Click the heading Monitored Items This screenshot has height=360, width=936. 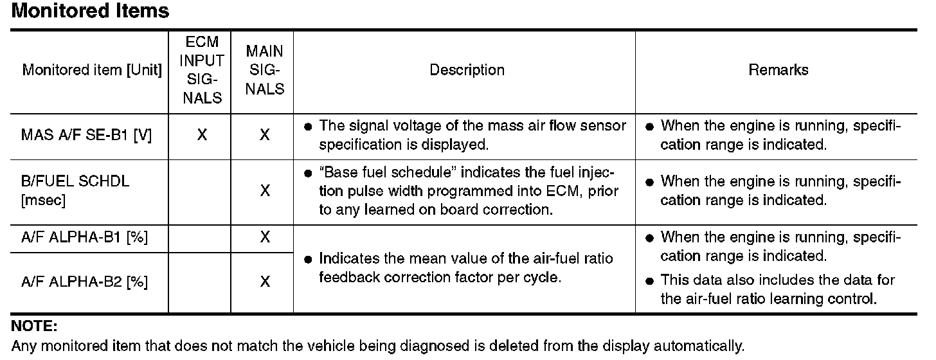click(91, 11)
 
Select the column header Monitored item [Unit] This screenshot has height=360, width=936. click(92, 70)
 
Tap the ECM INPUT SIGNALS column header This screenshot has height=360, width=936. click(201, 70)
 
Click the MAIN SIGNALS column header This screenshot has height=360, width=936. click(265, 70)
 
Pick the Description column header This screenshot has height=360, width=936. click(467, 70)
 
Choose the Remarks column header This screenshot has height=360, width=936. click(778, 70)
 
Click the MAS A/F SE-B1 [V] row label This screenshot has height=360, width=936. click(86, 136)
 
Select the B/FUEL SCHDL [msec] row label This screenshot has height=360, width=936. click(75, 190)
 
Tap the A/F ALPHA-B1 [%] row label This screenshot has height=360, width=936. click(84, 238)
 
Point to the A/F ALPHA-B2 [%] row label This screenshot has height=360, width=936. click(84, 282)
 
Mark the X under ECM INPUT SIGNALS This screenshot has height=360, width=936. click(201, 136)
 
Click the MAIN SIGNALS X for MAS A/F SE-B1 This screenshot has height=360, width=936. click(264, 136)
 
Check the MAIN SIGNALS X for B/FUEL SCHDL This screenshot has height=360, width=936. click(264, 191)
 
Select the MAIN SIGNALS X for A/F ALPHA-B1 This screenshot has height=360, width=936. click(264, 238)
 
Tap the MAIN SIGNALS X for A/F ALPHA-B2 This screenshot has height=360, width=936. click(264, 282)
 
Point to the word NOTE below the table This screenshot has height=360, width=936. click(35, 327)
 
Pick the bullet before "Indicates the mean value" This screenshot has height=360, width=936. click(308, 260)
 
